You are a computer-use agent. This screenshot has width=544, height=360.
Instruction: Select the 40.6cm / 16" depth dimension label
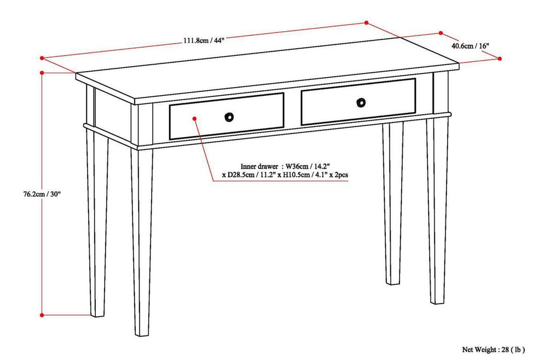(470, 46)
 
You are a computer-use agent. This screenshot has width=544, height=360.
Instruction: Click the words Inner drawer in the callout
(259, 165)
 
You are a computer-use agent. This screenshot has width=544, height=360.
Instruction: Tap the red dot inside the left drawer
(195, 118)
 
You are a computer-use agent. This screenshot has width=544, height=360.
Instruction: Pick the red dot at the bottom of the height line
(42, 315)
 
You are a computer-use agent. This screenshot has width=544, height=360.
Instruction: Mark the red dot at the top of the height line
(42, 72)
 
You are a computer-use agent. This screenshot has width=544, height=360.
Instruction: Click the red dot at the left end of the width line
(42, 57)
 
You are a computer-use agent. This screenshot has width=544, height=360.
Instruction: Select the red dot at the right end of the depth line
(500, 57)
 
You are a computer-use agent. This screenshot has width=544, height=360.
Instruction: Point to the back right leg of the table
(393, 208)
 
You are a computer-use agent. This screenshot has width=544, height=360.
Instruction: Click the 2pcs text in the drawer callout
(339, 175)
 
